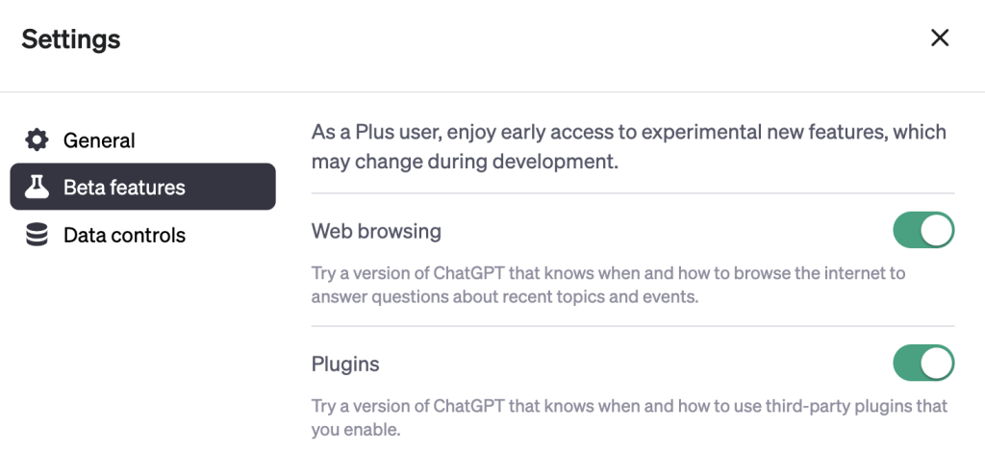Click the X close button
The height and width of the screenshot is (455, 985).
940,38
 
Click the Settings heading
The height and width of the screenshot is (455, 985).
71,39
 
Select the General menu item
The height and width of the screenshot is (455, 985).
99,140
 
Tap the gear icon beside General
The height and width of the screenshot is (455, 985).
37,140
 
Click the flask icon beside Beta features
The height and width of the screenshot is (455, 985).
37,187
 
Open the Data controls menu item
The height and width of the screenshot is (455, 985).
124,235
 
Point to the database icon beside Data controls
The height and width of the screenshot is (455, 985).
37,235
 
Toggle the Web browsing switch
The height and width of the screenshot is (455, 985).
923,231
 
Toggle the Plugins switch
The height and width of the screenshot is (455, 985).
923,364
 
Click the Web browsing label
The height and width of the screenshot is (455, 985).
376,231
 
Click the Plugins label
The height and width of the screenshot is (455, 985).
345,365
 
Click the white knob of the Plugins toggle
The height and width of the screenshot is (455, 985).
936,364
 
